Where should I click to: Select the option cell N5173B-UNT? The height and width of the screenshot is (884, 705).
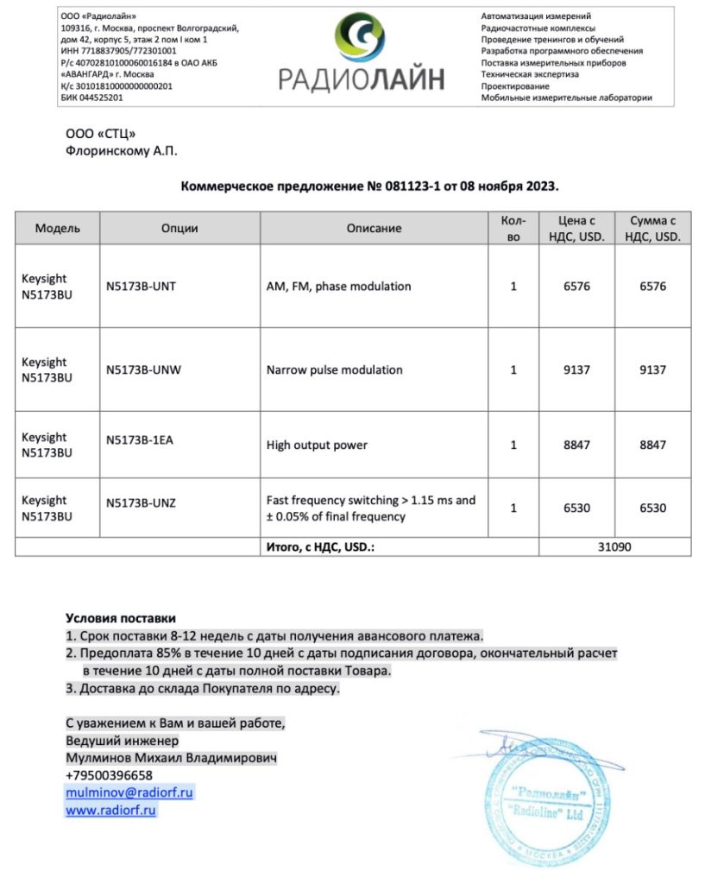pos(141,286)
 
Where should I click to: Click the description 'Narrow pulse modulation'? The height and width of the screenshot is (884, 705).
pos(335,369)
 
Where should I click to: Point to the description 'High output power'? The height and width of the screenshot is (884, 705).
pos(317,445)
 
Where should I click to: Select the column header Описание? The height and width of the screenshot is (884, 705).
pos(374,229)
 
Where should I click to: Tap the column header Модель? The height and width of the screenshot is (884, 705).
pos(58,229)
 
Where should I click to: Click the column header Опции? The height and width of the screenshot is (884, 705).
pos(179,229)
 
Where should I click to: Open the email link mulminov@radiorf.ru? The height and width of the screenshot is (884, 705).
pos(129,792)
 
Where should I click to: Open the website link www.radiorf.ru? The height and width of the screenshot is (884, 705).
pos(111,811)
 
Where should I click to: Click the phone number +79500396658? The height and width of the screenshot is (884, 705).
pos(110,774)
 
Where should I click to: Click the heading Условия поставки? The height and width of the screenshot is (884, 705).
pos(120,618)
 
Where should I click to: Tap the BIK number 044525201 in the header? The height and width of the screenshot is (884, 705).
pos(102,98)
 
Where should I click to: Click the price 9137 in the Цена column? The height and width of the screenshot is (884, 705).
pos(576,369)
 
